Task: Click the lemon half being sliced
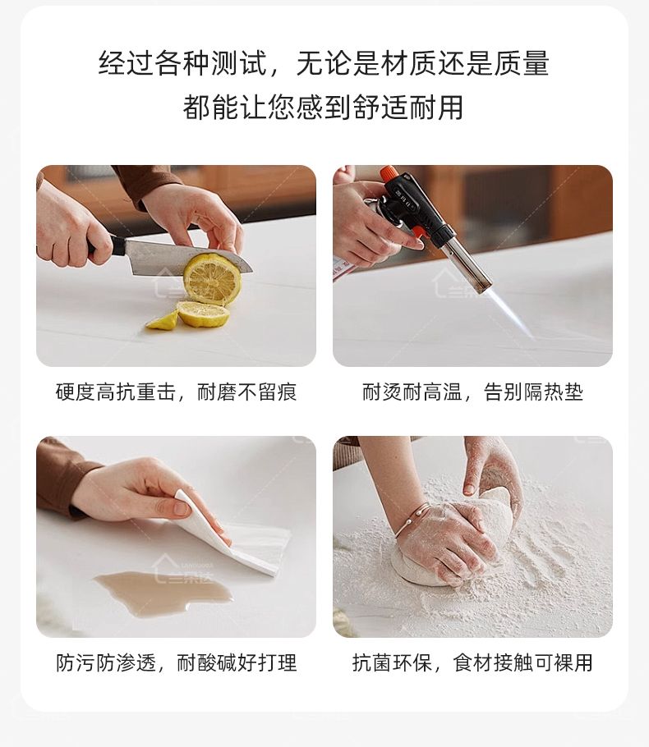tap(212, 279)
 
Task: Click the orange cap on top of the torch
tap(388, 172)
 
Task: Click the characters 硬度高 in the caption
tap(85, 392)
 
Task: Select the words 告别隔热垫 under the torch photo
tap(533, 392)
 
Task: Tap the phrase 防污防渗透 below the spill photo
tap(106, 662)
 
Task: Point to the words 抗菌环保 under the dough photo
tap(392, 662)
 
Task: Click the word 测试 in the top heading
tap(238, 63)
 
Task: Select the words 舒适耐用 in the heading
tap(408, 108)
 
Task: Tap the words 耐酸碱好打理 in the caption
tap(237, 662)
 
